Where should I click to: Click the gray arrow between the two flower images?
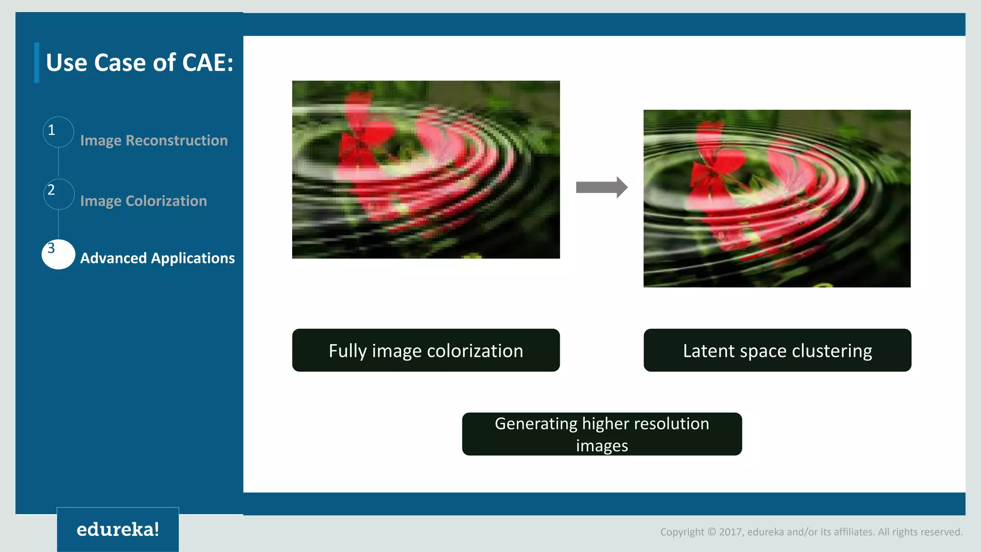click(601, 187)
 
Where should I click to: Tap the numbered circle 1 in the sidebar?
click(58, 132)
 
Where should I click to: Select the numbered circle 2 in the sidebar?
click(58, 194)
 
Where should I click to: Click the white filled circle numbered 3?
click(58, 254)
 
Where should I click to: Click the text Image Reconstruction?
click(154, 140)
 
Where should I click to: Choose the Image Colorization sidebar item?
click(143, 201)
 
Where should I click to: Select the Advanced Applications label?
click(157, 258)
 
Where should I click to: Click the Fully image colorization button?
click(426, 350)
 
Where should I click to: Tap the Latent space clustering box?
click(777, 350)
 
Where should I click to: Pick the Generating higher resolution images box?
click(602, 434)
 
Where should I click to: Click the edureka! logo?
click(118, 529)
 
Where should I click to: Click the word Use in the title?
click(67, 63)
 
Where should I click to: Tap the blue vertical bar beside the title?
click(37, 63)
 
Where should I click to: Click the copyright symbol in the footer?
click(711, 532)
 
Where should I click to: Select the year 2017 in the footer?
click(730, 532)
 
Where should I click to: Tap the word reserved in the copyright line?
click(944, 532)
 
